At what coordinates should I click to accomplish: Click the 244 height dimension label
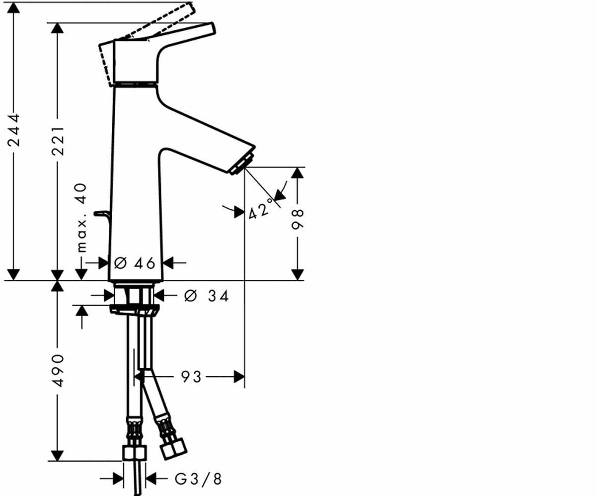[13, 130]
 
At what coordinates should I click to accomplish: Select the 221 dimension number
[58, 141]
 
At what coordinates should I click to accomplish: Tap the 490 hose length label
[58, 370]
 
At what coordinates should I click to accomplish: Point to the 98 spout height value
[298, 219]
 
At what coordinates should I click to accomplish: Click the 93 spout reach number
[191, 377]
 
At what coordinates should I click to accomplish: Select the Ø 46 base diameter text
[135, 263]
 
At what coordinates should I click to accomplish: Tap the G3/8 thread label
[198, 479]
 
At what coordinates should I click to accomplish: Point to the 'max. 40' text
[82, 218]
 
